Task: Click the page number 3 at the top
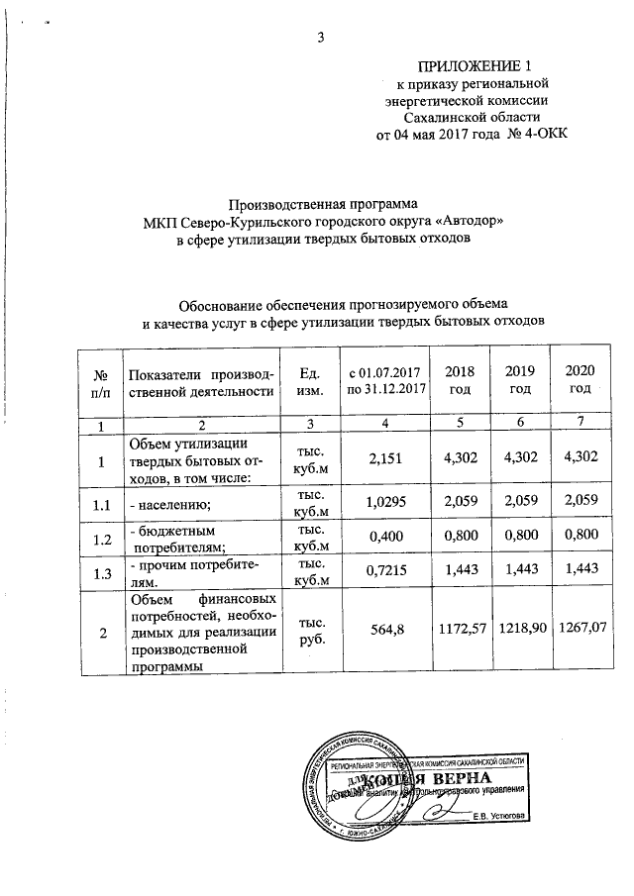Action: pyautogui.click(x=319, y=39)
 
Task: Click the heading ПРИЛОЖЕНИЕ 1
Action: pyautogui.click(x=479, y=66)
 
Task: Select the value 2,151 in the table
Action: pyautogui.click(x=385, y=458)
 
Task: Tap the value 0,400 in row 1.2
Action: pyautogui.click(x=385, y=542)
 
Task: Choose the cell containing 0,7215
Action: pyautogui.click(x=385, y=575)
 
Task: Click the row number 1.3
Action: pyautogui.click(x=99, y=575)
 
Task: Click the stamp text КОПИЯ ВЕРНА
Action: pyautogui.click(x=458, y=780)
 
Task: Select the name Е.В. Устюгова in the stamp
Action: pyautogui.click(x=498, y=816)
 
